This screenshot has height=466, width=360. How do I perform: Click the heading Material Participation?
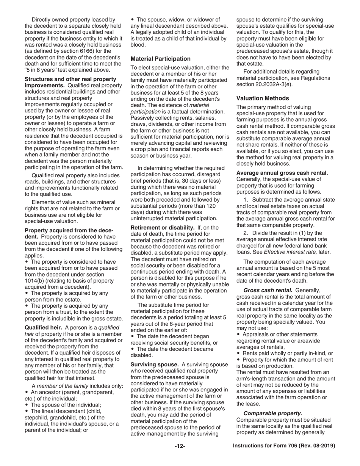pyautogui.click(x=160, y=59)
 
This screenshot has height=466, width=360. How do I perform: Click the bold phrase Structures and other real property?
pyautogui.click(x=70, y=79)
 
